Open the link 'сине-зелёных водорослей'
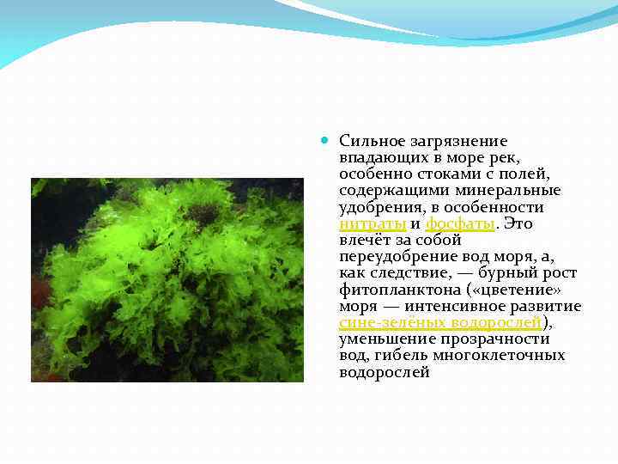[x=440, y=322]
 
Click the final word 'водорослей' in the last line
[x=384, y=372]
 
